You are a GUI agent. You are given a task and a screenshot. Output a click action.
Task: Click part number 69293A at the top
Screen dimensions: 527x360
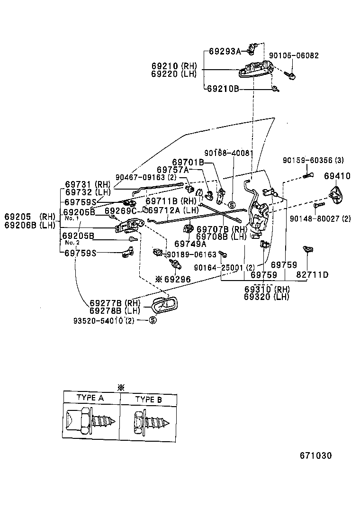[225, 51]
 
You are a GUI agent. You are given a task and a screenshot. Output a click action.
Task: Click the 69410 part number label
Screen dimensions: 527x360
[337, 176]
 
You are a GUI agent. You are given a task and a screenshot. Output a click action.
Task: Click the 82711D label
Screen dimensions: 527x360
[313, 275]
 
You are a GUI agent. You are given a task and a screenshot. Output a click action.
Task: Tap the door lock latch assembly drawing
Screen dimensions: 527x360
[259, 216]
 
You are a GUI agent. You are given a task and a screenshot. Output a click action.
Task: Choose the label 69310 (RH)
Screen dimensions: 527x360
[266, 289]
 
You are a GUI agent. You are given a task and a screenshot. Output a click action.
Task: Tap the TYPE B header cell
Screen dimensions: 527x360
[148, 400]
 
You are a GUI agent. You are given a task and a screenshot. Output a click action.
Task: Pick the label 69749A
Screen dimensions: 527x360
[190, 244]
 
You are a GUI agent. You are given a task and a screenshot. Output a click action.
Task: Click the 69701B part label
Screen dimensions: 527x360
[188, 162]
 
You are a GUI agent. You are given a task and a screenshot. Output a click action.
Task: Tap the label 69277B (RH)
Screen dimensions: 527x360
[115, 303]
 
